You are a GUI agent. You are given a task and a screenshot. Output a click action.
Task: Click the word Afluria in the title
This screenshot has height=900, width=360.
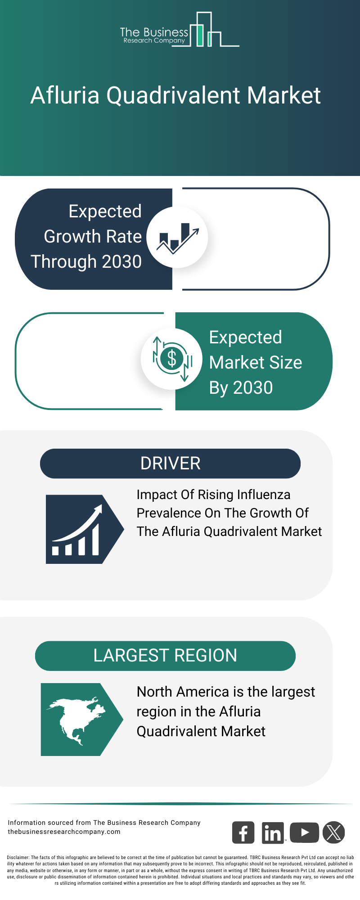[x=65, y=95]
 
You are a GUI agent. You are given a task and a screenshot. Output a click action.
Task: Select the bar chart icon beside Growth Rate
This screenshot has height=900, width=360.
[x=177, y=237]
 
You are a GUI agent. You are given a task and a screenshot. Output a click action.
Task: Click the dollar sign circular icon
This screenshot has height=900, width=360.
[x=171, y=359]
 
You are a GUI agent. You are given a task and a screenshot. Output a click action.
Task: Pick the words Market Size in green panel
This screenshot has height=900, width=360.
[x=255, y=363]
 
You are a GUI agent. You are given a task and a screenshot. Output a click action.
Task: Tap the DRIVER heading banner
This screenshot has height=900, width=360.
[x=170, y=463]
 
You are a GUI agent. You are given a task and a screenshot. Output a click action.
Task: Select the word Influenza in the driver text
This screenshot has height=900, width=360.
[x=263, y=495]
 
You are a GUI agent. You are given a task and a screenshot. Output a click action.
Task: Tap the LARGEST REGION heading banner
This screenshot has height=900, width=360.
[x=165, y=656]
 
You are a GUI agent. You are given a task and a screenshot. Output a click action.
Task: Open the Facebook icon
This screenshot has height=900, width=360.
[x=243, y=832]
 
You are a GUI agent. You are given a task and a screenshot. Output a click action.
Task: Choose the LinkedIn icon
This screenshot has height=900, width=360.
[x=273, y=832]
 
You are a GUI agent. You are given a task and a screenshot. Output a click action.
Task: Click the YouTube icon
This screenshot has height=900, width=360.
[x=304, y=832]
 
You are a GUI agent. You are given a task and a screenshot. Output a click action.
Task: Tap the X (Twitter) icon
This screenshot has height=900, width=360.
[x=334, y=832]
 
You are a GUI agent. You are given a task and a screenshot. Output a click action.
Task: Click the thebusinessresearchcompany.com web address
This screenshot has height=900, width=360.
[x=64, y=832]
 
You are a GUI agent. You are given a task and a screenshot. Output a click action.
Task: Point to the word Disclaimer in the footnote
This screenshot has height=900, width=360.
[x=18, y=858]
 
